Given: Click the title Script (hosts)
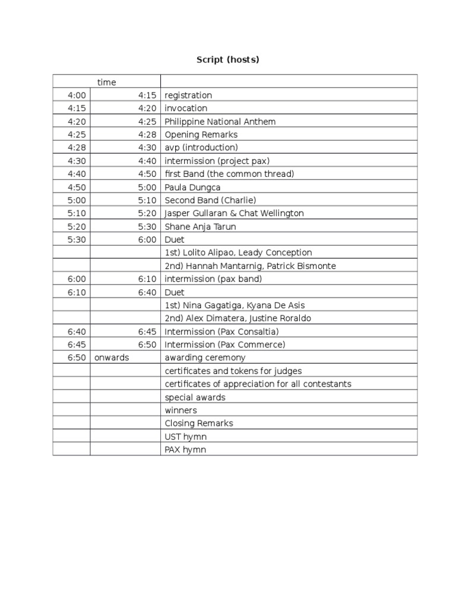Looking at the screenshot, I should click(228, 60).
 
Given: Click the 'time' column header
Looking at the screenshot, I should click(107, 83).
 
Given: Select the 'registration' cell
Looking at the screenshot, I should click(188, 96).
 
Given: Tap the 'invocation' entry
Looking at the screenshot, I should click(186, 109).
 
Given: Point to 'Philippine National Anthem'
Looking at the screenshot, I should click(220, 122).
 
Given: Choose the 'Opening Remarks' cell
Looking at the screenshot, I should click(201, 135).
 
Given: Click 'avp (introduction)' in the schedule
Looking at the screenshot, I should click(201, 148).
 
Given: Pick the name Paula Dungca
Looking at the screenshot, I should click(192, 188).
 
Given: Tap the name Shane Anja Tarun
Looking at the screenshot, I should click(200, 227).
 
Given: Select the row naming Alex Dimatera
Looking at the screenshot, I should click(237, 318).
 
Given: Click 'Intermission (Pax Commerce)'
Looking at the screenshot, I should click(224, 345).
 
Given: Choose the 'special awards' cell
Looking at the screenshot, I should click(195, 398).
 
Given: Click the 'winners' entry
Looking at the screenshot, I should click(180, 411).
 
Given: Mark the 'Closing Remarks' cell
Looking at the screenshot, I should click(198, 424).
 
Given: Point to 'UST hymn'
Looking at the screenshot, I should click(185, 437).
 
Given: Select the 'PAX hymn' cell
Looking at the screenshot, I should click(185, 450).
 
